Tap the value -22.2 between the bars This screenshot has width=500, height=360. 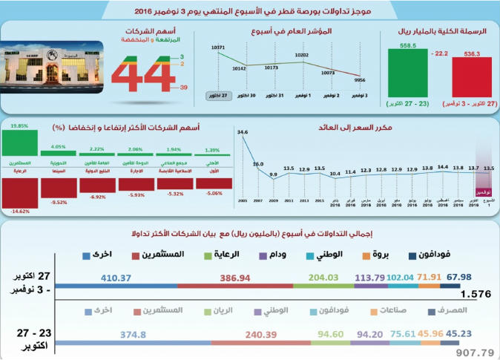click(x=439, y=53)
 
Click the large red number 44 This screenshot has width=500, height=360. click(x=143, y=76)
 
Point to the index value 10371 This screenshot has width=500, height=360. click(x=217, y=48)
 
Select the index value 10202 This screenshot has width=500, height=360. click(x=301, y=55)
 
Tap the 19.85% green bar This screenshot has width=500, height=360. click(x=19, y=144)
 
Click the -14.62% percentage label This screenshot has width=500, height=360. click(x=19, y=211)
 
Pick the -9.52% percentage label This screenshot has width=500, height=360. click(x=59, y=201)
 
